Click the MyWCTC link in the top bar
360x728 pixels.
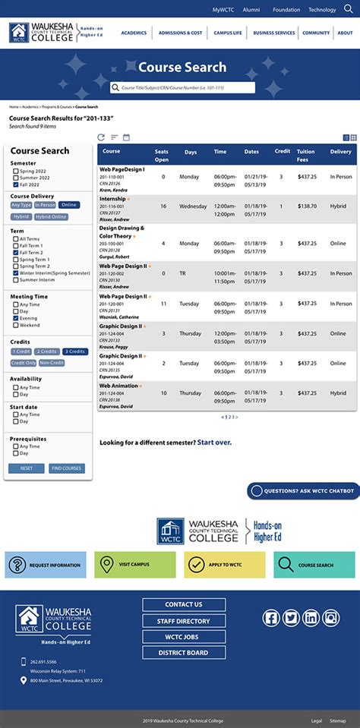(x=223, y=10)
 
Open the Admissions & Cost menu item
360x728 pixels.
(x=181, y=33)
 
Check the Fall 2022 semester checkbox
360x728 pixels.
(x=16, y=184)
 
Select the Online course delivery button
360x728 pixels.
(x=69, y=205)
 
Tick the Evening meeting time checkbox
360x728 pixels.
(x=16, y=318)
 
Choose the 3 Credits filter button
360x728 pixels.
(x=75, y=351)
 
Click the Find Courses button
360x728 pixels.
(x=67, y=468)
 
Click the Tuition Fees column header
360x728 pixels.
(x=306, y=155)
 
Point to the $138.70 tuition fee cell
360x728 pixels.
(x=308, y=206)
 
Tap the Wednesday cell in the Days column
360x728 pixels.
(x=193, y=206)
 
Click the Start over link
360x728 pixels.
(x=214, y=443)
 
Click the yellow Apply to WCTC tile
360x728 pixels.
(x=224, y=565)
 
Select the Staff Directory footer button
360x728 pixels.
(x=184, y=621)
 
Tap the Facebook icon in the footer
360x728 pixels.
(x=271, y=618)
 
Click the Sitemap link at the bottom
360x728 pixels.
(x=337, y=720)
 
